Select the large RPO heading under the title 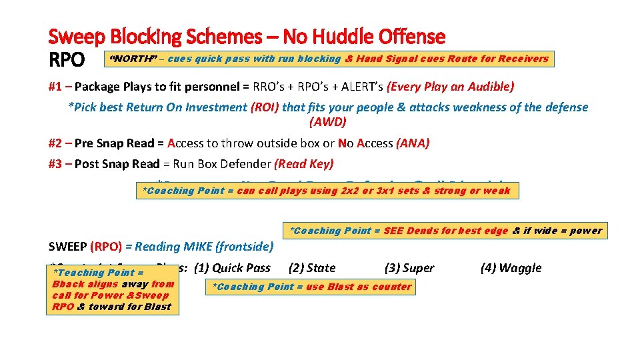click(67, 60)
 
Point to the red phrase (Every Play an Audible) click(447, 86)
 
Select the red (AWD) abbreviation click(328, 122)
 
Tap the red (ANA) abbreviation click(413, 143)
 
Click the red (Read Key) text click(304, 164)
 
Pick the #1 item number click(55, 86)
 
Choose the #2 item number click(55, 143)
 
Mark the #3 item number click(55, 164)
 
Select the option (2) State click(311, 268)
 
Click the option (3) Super click(409, 268)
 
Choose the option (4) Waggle click(511, 268)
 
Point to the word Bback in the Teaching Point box click(67, 284)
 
